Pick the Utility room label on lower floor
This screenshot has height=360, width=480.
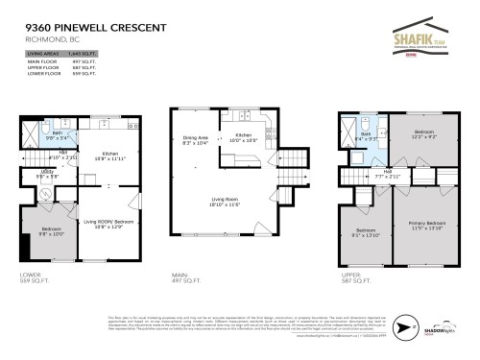47,174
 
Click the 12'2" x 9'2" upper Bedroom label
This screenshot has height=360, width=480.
425,134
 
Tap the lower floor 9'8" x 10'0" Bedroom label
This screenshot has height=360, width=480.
51,231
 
